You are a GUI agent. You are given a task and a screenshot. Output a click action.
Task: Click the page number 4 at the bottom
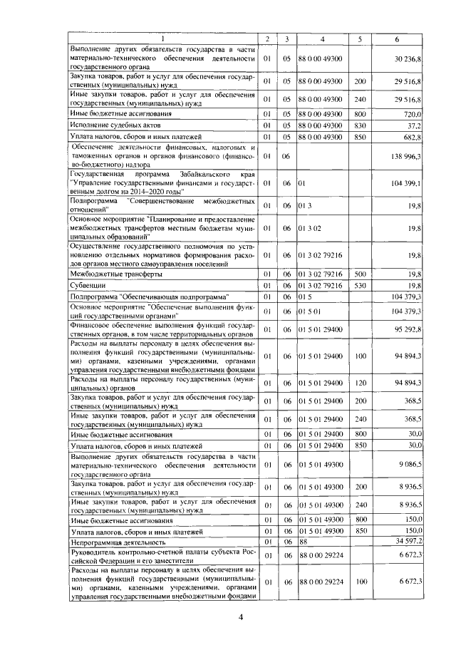(x=241, y=617)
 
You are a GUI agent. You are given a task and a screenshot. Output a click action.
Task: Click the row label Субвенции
(x=88, y=286)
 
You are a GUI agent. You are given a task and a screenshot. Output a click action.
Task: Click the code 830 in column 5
(x=360, y=125)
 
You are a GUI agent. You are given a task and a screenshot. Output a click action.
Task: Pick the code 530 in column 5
(x=360, y=286)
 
